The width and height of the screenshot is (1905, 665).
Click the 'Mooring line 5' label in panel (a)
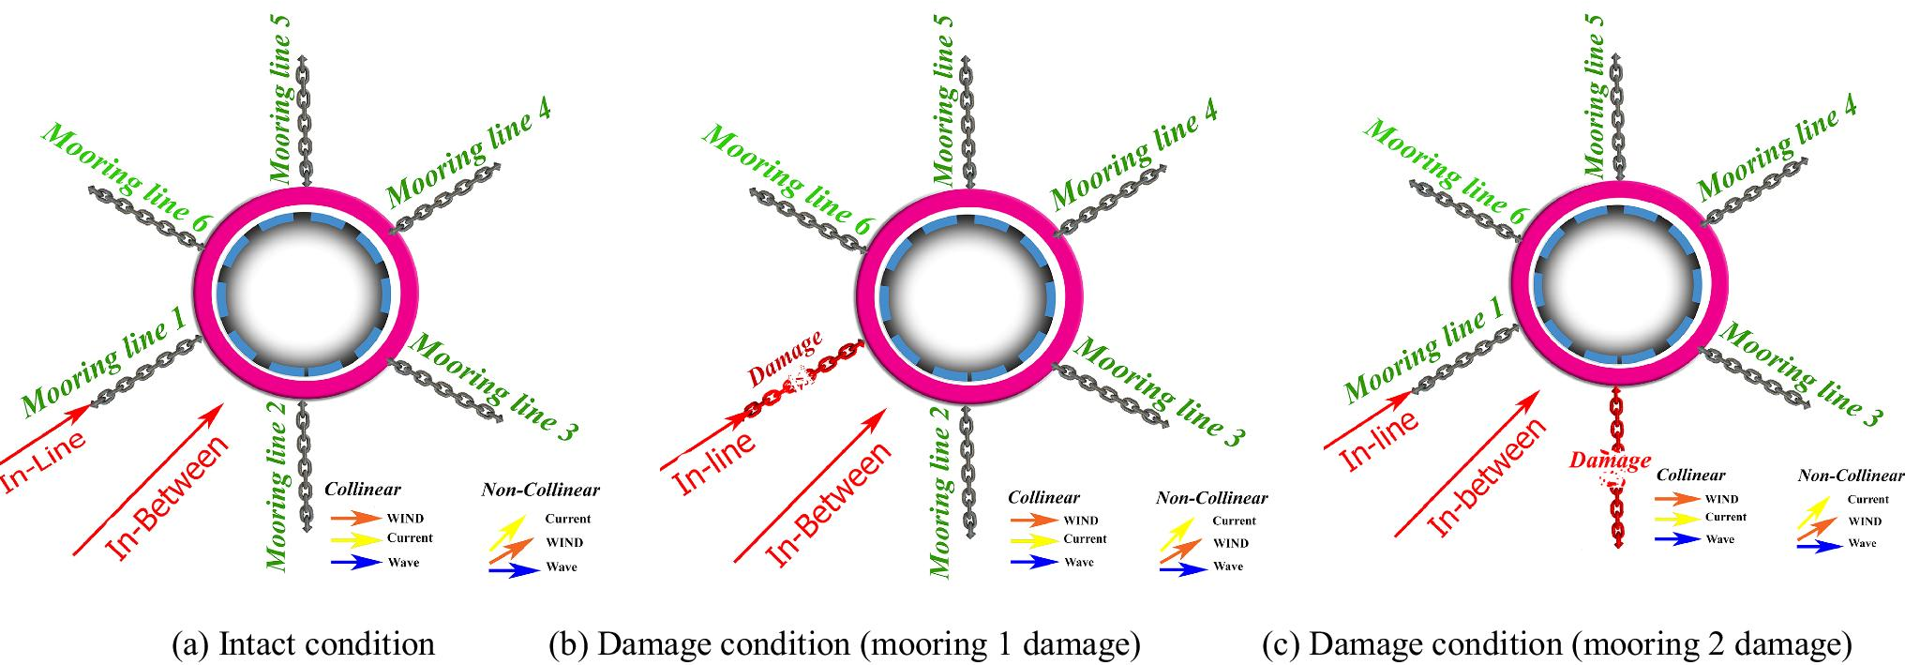280,98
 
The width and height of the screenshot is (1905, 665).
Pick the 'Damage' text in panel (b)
785,358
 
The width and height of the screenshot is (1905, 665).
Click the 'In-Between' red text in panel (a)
167,497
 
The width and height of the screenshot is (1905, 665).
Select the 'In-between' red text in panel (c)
1486,476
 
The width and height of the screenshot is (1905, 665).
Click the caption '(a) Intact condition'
303,644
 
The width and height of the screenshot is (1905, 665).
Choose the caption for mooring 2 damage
1556,644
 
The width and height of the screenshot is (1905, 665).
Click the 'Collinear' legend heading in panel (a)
362,490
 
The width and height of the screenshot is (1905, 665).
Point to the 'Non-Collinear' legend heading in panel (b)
1211,498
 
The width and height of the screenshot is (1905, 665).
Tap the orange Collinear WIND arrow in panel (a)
355,517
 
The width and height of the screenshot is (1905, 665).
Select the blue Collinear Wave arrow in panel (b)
1034,562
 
